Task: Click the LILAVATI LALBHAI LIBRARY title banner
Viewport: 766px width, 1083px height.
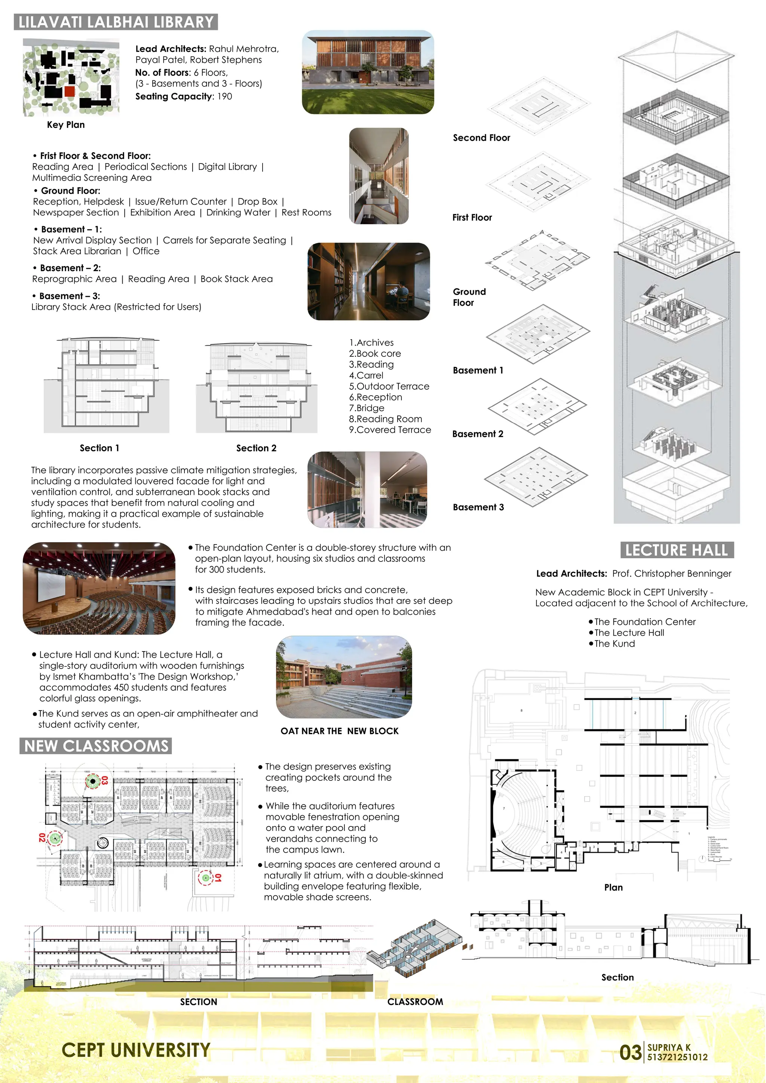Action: pos(116,22)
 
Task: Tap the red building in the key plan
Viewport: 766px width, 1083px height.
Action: pos(70,91)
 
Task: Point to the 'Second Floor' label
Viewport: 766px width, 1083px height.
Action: pos(481,138)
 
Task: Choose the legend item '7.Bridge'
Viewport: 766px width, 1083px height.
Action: pos(367,408)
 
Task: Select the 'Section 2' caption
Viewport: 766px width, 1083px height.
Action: pos(256,448)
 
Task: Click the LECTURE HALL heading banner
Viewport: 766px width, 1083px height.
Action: pos(676,550)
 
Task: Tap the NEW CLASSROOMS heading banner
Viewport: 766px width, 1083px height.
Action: pos(96,746)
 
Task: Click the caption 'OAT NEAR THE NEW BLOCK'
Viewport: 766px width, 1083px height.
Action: pos(339,731)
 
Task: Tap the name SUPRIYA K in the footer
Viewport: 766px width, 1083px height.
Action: pos(668,1047)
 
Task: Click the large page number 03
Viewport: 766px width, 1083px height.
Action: pos(630,1052)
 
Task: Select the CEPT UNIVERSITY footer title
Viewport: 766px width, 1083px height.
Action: pos(136,1050)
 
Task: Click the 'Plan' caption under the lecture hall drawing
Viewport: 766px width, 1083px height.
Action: pos(613,887)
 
